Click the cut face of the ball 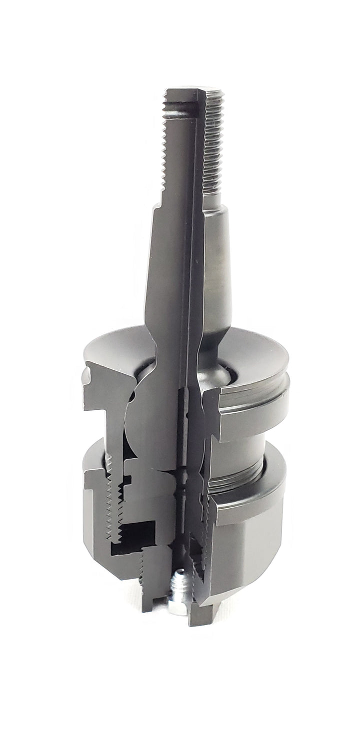[x=150, y=425]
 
